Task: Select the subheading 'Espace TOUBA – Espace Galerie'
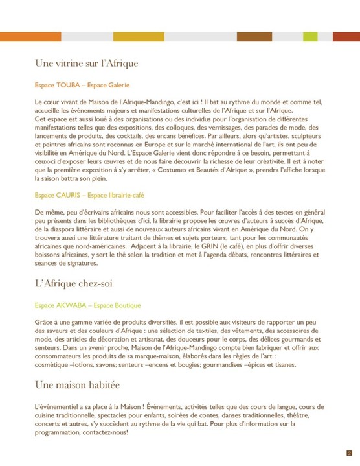coord(82,85)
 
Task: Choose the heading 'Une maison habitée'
coord(78,385)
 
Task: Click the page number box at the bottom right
coord(349,453)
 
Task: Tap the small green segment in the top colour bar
coord(310,36)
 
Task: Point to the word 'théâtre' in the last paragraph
coord(314,415)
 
